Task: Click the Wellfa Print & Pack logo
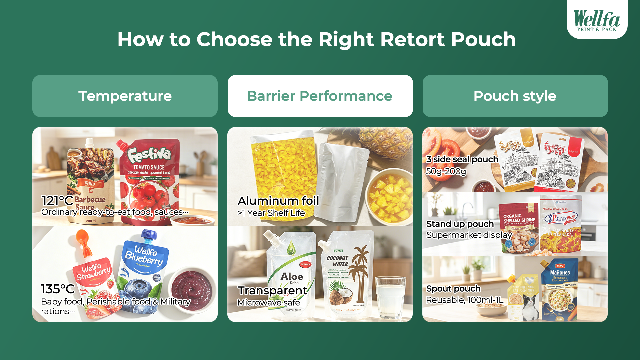point(597,20)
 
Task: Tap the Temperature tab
point(125,96)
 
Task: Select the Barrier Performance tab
point(320,96)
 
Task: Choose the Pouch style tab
point(515,96)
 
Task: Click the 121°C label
point(57,201)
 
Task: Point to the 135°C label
point(57,289)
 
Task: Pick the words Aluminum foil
point(278,201)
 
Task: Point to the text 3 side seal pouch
point(462,159)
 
